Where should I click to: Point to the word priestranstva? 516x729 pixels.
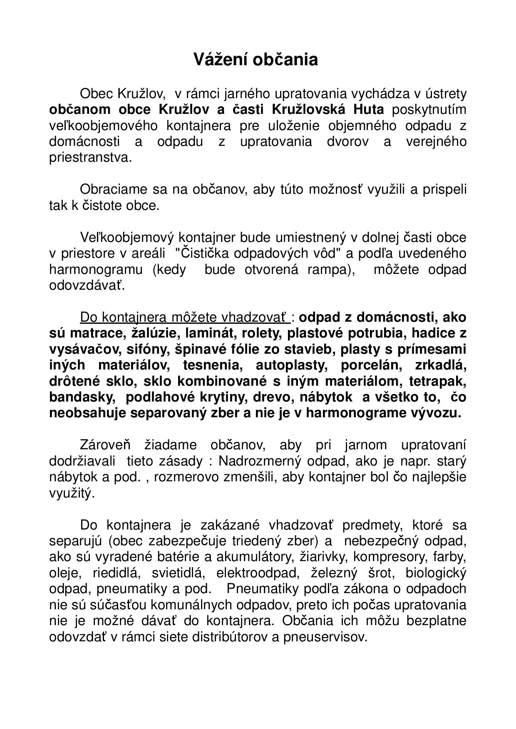90,158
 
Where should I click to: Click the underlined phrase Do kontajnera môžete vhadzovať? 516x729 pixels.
185,318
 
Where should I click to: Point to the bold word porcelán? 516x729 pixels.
371,366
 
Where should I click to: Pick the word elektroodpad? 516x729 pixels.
258,573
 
